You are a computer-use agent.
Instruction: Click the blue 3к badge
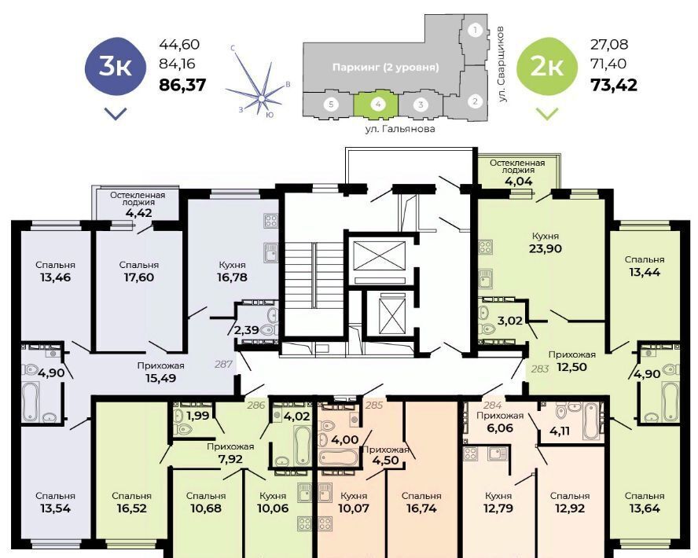[116, 67]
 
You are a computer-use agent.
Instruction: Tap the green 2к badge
[546, 67]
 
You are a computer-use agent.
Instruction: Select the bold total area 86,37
[182, 85]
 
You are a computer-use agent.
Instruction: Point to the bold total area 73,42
[613, 85]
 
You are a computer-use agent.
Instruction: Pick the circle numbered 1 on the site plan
[476, 31]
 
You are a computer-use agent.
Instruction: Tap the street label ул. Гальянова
[399, 129]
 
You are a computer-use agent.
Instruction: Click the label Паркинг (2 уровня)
[385, 68]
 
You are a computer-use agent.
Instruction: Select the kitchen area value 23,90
[546, 248]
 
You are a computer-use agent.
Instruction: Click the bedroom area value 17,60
[138, 277]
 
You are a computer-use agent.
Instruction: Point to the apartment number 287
[223, 364]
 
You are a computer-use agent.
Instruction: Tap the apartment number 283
[540, 369]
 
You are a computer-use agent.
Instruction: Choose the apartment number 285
[374, 406]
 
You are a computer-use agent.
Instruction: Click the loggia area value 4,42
[138, 213]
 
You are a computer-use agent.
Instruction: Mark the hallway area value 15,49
[160, 378]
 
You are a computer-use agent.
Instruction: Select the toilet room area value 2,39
[246, 330]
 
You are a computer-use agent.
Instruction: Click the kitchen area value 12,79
[498, 508]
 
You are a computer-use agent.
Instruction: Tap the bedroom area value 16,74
[421, 508]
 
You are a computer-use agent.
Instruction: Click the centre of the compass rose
[262, 98]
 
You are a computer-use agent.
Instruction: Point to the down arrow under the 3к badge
[116, 114]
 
